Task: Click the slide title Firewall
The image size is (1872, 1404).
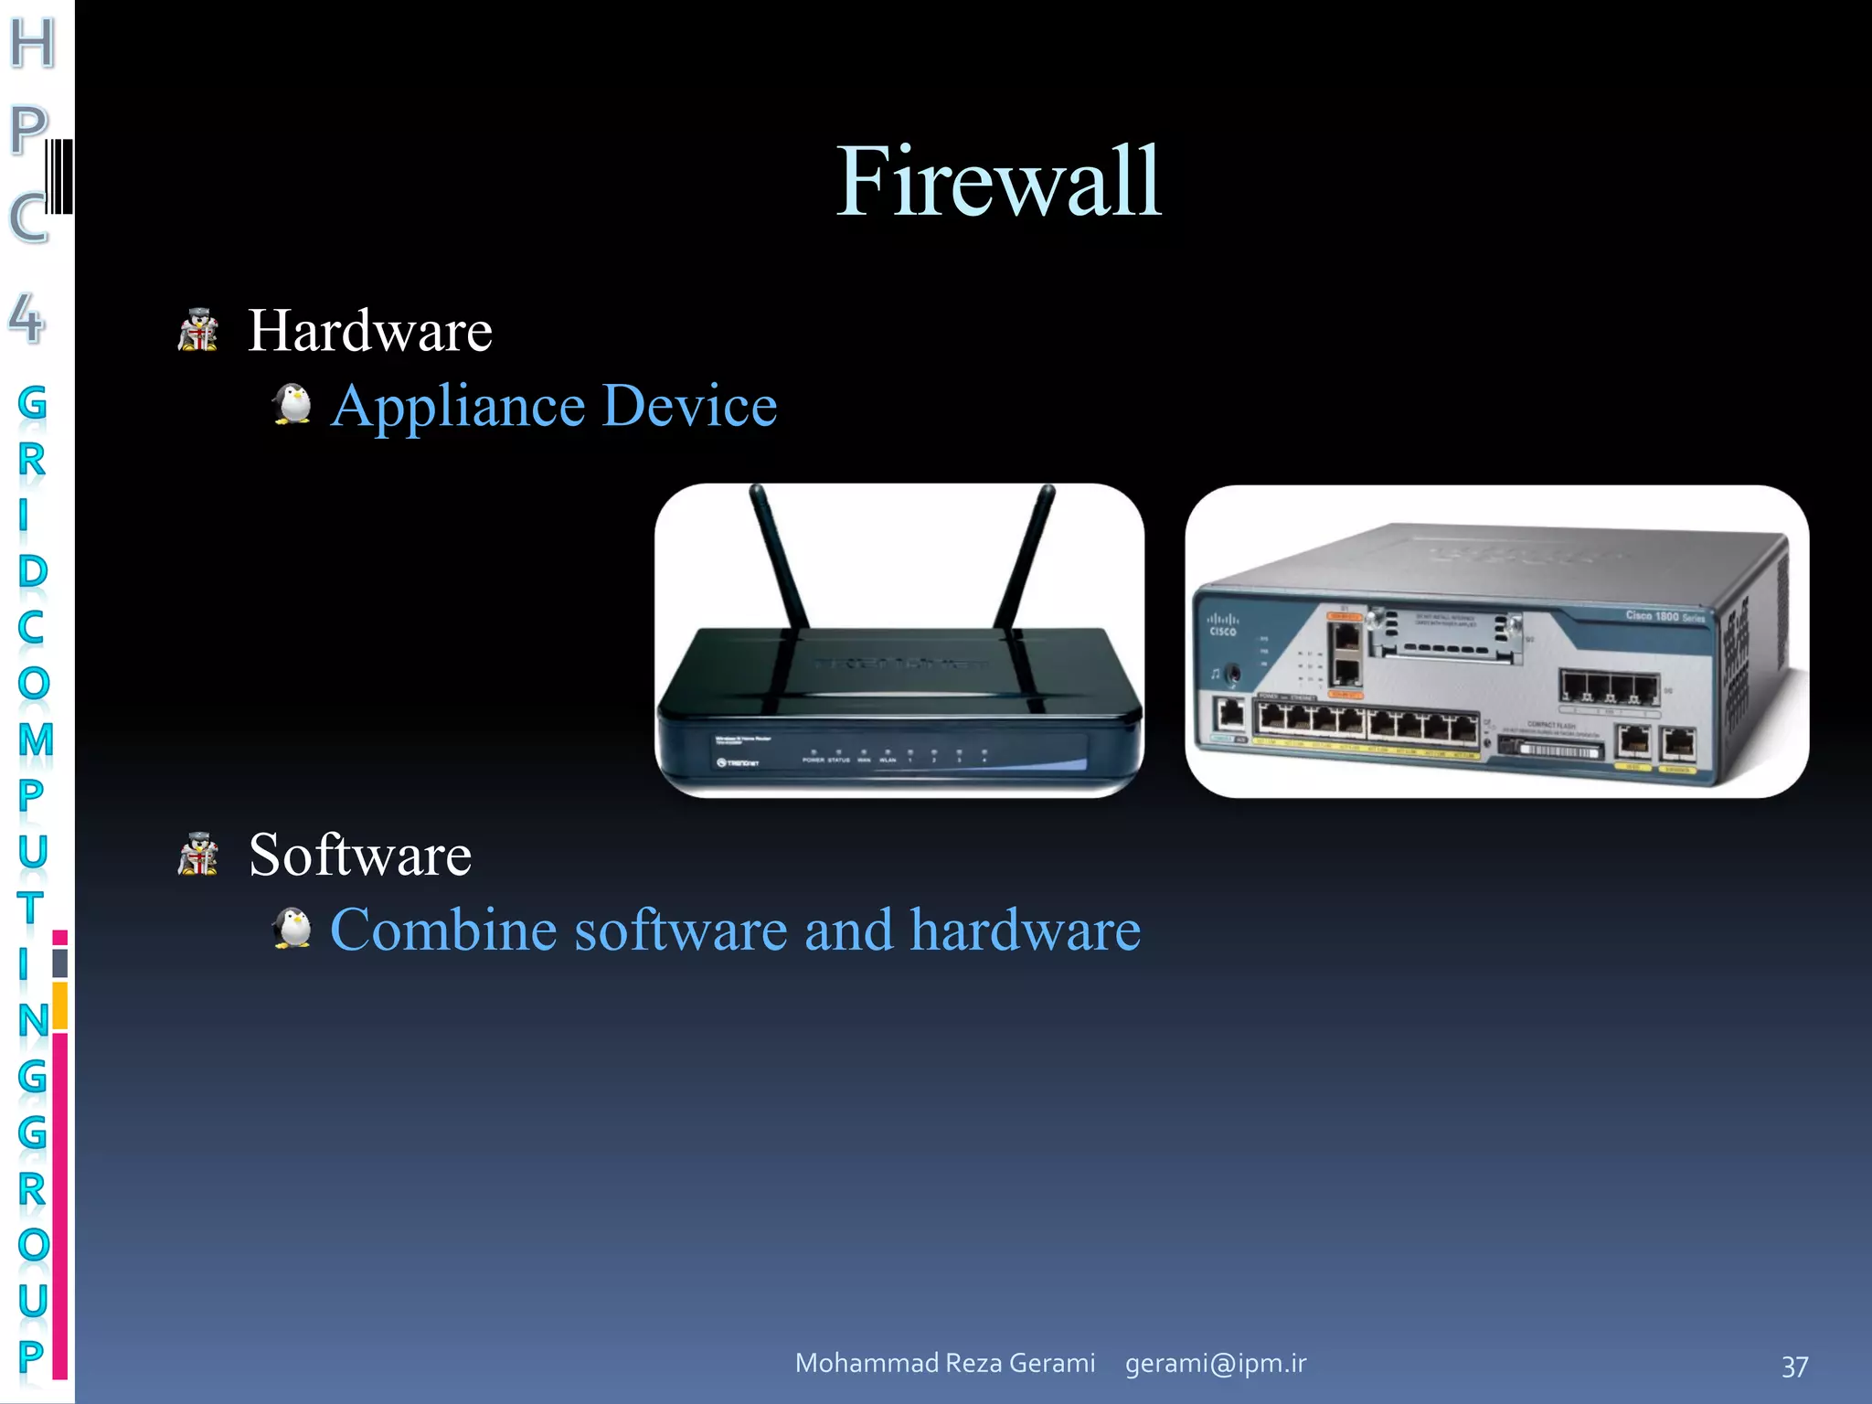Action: (x=998, y=182)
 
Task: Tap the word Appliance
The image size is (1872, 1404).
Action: (x=457, y=406)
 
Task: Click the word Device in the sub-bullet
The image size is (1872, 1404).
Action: (x=690, y=406)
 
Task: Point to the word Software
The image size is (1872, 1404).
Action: (x=360, y=856)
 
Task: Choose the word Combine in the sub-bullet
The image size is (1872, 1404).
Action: (x=443, y=931)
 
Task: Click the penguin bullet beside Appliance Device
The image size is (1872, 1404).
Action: (x=292, y=404)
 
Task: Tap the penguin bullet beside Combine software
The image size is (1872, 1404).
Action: (x=292, y=929)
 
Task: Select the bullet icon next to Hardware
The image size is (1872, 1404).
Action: (x=198, y=331)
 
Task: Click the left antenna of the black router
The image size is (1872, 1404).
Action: (x=778, y=558)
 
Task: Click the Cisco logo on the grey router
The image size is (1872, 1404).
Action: (x=1223, y=625)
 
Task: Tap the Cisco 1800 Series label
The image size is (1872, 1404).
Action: (x=1665, y=616)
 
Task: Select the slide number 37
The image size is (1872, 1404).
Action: (x=1794, y=1367)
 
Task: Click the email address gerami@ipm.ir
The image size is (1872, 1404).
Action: (x=1216, y=1363)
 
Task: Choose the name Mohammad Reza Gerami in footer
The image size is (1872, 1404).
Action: (x=945, y=1363)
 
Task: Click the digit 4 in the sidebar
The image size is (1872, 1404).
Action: (x=27, y=318)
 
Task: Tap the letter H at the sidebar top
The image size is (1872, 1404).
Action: (x=33, y=43)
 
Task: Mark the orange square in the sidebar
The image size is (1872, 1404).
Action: (x=60, y=1005)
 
